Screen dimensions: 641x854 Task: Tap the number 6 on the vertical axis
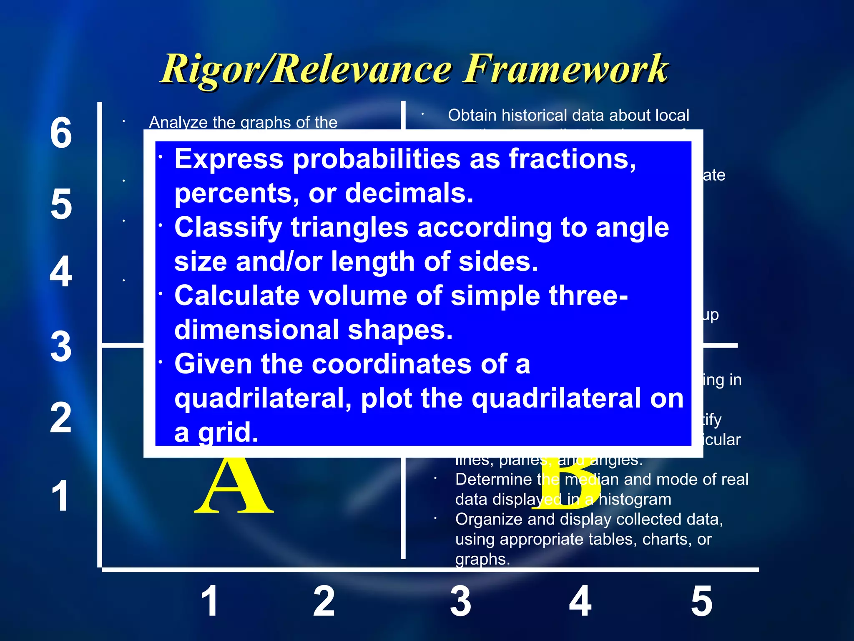[x=61, y=133]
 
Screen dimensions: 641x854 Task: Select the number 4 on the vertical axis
[x=61, y=272]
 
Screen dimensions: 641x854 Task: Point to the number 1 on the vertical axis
[x=60, y=496]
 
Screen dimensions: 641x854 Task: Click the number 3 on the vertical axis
[x=61, y=346]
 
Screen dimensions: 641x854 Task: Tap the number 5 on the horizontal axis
[x=702, y=601]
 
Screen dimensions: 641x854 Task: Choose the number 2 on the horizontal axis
[x=324, y=601]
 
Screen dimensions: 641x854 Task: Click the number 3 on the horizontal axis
[x=460, y=601]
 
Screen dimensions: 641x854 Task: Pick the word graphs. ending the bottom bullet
[x=482, y=559]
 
